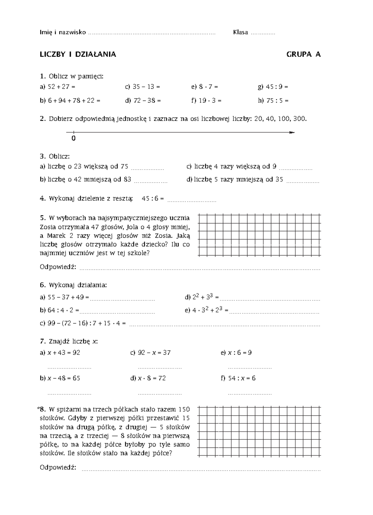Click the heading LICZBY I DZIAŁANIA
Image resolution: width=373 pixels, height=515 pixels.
78,54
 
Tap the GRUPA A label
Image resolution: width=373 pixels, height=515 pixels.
303,54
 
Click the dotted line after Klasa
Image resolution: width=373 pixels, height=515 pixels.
263,33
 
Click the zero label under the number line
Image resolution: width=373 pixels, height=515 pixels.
73,138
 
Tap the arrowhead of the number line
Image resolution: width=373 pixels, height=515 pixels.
291,133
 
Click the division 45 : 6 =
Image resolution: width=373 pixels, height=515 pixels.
153,199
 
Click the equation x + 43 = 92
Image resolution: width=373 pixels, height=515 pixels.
64,353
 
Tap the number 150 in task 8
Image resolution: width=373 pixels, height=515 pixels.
184,409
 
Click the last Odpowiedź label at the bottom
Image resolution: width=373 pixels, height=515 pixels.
58,467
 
